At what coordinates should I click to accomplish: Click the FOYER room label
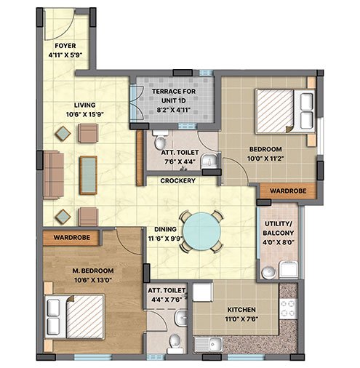click(65, 46)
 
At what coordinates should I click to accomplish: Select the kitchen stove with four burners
click(289, 309)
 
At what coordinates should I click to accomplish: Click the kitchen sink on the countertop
click(209, 344)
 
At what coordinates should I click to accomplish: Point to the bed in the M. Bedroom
click(75, 316)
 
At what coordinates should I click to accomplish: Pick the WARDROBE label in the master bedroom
click(72, 237)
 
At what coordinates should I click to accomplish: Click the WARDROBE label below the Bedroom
click(288, 191)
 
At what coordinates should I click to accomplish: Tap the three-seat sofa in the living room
click(54, 175)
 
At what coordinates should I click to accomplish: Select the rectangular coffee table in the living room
click(89, 175)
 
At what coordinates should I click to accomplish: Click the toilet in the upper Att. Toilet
click(160, 140)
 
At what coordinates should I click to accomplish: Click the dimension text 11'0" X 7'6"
click(241, 319)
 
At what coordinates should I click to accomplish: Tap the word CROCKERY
click(178, 180)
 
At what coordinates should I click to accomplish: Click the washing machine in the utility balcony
click(289, 269)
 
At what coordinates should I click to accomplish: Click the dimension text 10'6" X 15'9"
click(85, 114)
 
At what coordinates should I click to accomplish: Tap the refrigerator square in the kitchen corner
click(202, 292)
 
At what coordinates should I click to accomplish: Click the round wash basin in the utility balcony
click(268, 273)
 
